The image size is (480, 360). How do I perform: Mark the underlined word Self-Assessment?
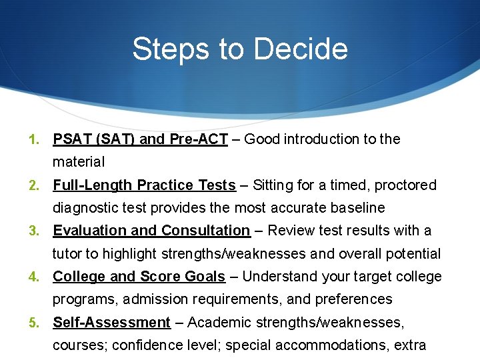tap(111, 323)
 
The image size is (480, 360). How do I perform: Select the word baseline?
tap(357, 208)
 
